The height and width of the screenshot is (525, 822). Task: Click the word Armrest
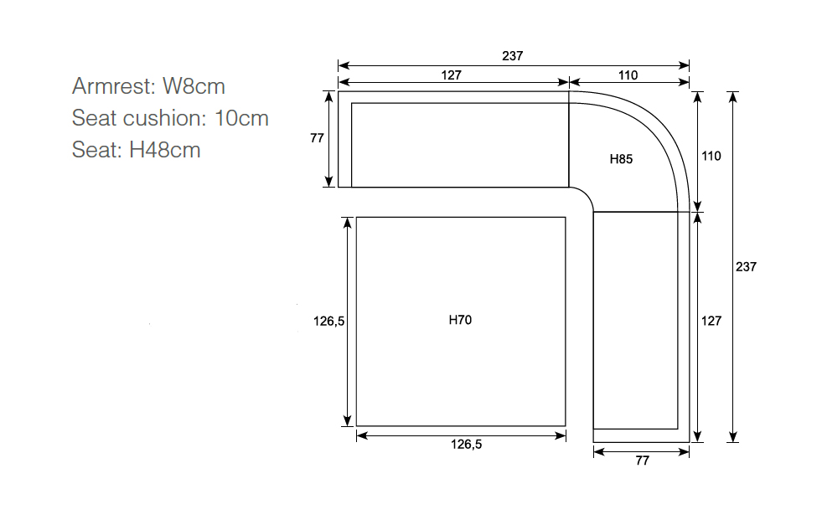(114, 86)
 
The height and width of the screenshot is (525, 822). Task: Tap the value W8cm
(194, 86)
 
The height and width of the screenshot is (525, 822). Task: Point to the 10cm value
(241, 118)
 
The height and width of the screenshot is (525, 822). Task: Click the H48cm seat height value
(165, 150)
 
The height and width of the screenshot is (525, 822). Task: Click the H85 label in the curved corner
(621, 159)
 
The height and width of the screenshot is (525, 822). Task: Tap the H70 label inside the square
(460, 320)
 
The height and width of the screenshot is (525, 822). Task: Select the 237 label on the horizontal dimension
(513, 56)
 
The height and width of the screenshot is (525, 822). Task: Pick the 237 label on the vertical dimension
(746, 267)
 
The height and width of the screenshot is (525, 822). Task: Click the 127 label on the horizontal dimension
(452, 75)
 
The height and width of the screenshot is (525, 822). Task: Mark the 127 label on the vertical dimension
(711, 321)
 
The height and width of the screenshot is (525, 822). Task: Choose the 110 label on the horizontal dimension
(628, 75)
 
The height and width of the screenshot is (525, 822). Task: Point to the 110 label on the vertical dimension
(711, 156)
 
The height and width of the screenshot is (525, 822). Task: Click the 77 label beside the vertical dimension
(318, 138)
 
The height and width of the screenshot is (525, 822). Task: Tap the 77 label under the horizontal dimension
(642, 461)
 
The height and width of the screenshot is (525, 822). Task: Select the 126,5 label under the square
(467, 445)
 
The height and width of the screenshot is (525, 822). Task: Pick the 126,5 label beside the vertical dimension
(329, 322)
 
